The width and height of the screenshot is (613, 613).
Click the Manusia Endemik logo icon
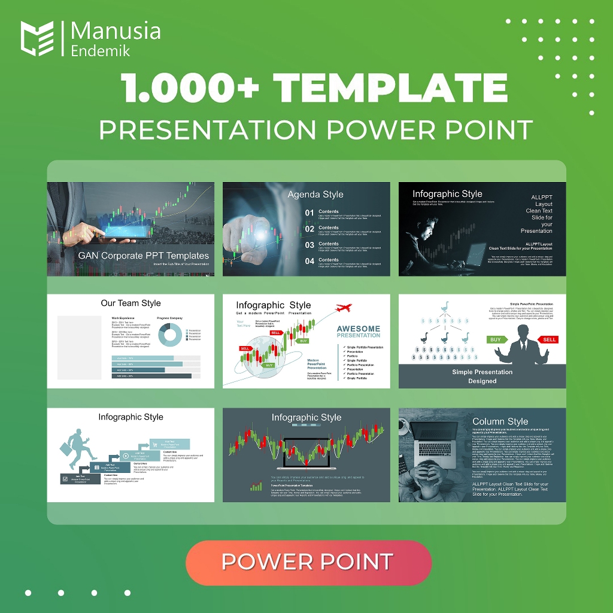(37, 38)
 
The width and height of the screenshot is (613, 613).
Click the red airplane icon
(342, 308)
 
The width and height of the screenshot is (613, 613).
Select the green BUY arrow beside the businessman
(496, 339)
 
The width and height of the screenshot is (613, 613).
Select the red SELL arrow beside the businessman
(549, 339)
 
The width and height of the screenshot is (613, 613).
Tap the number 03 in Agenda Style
(309, 245)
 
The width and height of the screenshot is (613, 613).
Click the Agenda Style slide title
(315, 194)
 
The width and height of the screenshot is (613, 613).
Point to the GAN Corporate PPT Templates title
(143, 256)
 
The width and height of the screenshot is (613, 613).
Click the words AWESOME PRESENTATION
(359, 332)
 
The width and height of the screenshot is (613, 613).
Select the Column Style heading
(500, 421)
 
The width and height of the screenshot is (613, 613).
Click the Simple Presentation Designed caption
(482, 376)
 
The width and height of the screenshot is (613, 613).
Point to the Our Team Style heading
(131, 303)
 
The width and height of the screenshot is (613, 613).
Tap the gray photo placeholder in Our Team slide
(79, 347)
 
